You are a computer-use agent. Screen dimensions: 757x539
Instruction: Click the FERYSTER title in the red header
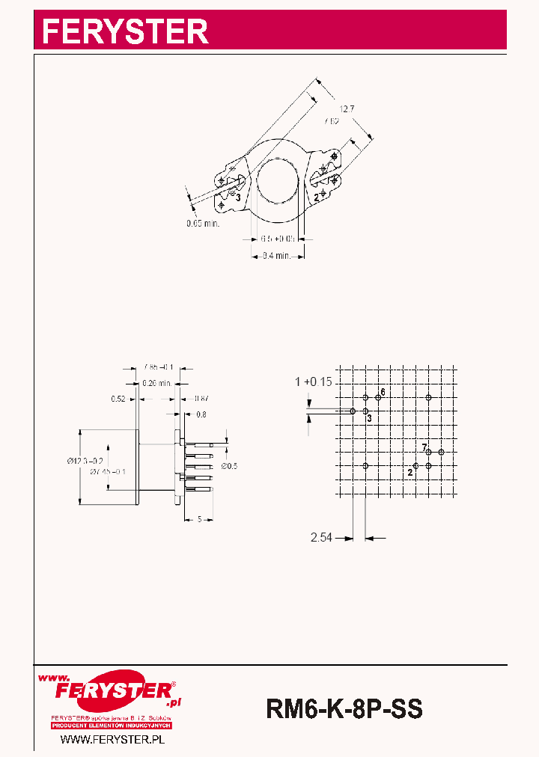[x=125, y=31]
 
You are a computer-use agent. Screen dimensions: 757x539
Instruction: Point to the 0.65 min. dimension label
[x=203, y=223]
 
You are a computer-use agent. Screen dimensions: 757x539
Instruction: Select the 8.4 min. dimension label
[x=277, y=256]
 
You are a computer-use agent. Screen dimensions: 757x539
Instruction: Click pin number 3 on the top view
[x=238, y=197]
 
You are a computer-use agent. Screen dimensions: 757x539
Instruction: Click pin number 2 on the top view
[x=317, y=198]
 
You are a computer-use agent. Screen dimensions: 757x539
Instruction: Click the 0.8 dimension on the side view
[x=201, y=414]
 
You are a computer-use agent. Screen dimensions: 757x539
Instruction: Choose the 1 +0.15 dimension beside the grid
[x=313, y=382]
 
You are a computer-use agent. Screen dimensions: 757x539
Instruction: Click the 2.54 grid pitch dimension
[x=322, y=537]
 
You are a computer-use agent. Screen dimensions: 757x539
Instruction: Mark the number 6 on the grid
[x=383, y=392]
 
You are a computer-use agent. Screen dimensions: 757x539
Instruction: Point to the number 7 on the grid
[x=424, y=447]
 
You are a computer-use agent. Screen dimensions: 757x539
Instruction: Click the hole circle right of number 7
[x=442, y=452]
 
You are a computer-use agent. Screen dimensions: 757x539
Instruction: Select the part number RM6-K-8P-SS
[x=344, y=708]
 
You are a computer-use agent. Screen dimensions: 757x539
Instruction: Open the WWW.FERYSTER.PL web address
[x=112, y=739]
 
